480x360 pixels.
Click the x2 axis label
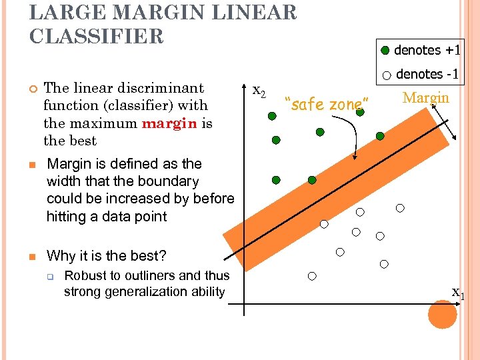point(259,92)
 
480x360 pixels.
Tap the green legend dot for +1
point(385,51)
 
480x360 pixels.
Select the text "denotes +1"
point(427,50)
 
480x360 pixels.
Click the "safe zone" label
point(326,104)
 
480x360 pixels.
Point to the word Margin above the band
point(426,98)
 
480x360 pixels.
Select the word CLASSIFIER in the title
point(96,36)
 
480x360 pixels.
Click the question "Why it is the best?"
point(107,256)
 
